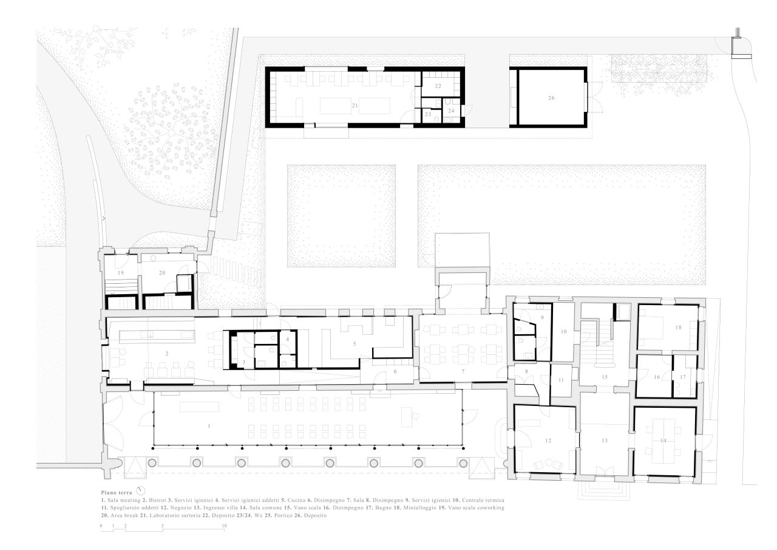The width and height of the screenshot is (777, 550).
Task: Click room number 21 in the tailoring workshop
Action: pyautogui.click(x=355, y=105)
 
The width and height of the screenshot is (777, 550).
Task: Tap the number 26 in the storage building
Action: pyautogui.click(x=551, y=98)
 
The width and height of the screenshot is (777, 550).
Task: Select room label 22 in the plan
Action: pyautogui.click(x=438, y=86)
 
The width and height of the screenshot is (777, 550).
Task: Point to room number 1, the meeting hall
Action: pyautogui.click(x=209, y=425)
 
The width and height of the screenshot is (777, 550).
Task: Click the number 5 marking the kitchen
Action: pyautogui.click(x=355, y=344)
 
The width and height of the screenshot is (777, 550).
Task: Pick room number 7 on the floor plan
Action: pyautogui.click(x=463, y=371)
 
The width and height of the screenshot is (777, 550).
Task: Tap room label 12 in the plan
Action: pyautogui.click(x=548, y=441)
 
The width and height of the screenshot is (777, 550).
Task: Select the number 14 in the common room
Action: pyautogui.click(x=663, y=441)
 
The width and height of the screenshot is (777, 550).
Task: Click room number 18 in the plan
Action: pyautogui.click(x=678, y=327)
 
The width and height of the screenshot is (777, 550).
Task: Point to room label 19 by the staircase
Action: pyautogui.click(x=120, y=273)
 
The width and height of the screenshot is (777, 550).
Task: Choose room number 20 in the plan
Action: pyautogui.click(x=162, y=273)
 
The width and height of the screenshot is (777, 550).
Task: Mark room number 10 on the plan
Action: pyautogui.click(x=564, y=332)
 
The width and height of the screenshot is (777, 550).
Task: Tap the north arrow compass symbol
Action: pyautogui.click(x=141, y=490)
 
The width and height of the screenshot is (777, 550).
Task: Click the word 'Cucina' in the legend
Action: pyautogui.click(x=297, y=500)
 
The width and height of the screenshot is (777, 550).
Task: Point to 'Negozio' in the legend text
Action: pyautogui.click(x=181, y=507)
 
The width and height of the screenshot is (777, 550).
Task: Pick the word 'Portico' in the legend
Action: pyautogui.click(x=283, y=515)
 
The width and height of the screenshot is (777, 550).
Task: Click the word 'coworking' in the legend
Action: pyautogui.click(x=491, y=507)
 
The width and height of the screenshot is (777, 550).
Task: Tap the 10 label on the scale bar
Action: pyautogui.click(x=224, y=526)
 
